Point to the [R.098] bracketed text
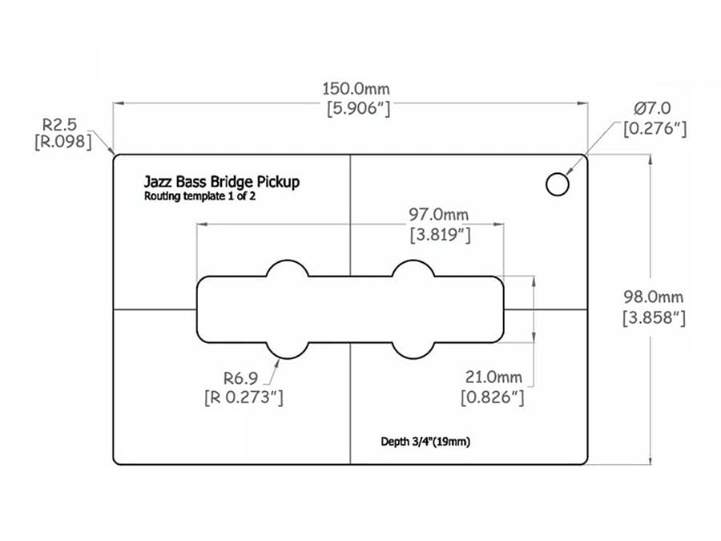(x=62, y=143)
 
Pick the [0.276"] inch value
(x=655, y=127)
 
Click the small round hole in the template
(x=558, y=184)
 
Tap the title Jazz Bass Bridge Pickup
(x=222, y=182)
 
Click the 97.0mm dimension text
(x=439, y=215)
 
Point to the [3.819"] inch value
(x=439, y=236)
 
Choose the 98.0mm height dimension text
(x=654, y=297)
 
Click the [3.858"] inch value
(x=654, y=317)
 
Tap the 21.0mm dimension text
(x=493, y=377)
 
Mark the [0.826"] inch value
(x=493, y=397)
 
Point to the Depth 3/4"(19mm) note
(x=430, y=441)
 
